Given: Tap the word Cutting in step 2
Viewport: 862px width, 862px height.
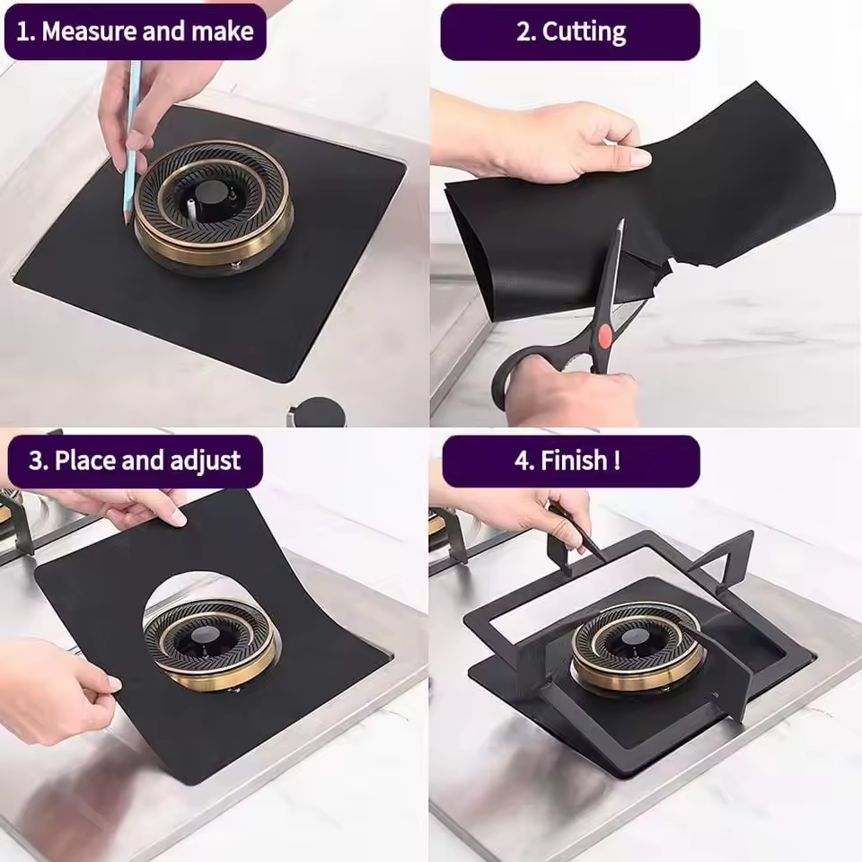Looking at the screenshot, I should click(584, 32).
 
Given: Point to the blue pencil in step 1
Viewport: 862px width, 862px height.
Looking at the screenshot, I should click(131, 144).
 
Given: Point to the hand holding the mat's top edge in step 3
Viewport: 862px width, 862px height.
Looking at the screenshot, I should click(135, 507).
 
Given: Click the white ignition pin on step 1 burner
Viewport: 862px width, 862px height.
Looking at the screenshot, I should click(191, 205).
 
